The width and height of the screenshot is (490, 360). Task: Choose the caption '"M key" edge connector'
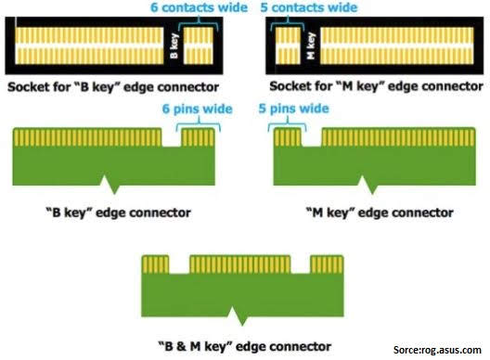click(380, 212)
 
